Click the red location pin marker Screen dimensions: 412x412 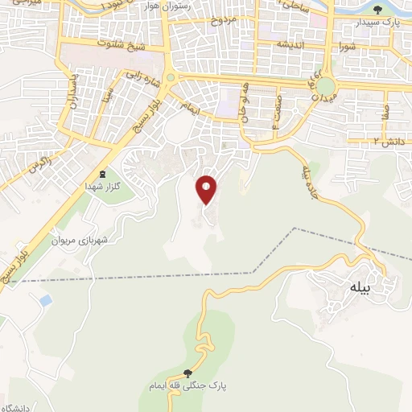[208, 189]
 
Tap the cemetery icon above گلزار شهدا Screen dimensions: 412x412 [102, 174]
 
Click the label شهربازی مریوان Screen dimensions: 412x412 [79, 240]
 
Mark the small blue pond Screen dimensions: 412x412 [45, 300]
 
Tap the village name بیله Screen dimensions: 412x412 [360, 286]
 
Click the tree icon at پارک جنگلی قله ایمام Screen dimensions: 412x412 [187, 373]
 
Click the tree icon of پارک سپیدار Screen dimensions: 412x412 [378, 9]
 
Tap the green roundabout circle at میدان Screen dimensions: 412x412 [324, 85]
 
